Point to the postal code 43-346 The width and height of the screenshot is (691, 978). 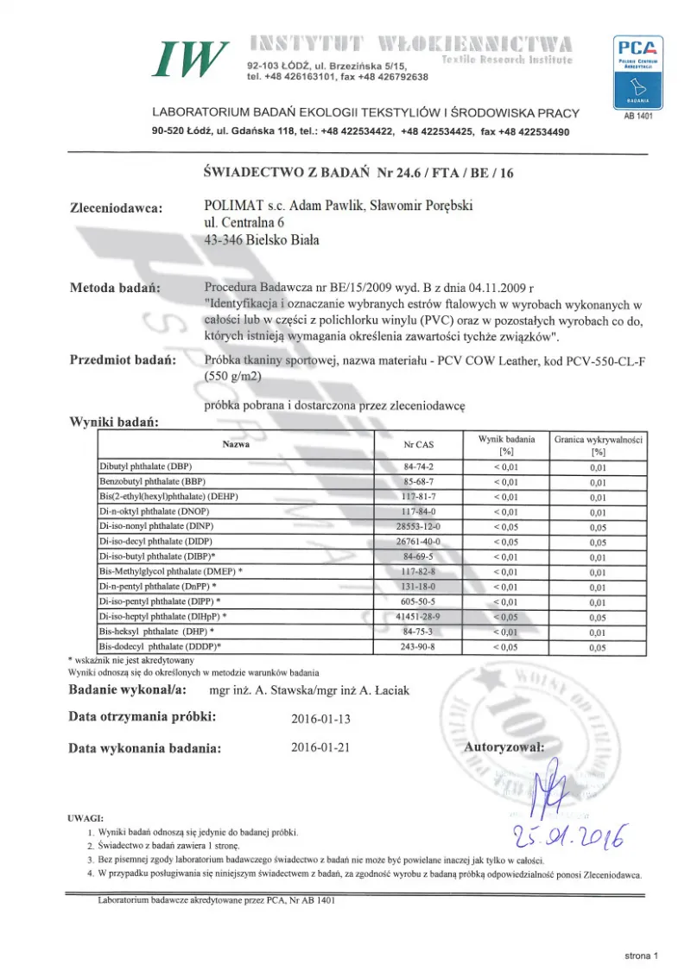click(x=223, y=240)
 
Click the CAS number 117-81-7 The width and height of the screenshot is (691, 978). click(x=419, y=497)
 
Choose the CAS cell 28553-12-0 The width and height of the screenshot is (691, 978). click(x=419, y=527)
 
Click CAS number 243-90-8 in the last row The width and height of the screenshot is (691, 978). click(x=419, y=646)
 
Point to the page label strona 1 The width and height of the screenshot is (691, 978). click(x=641, y=956)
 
